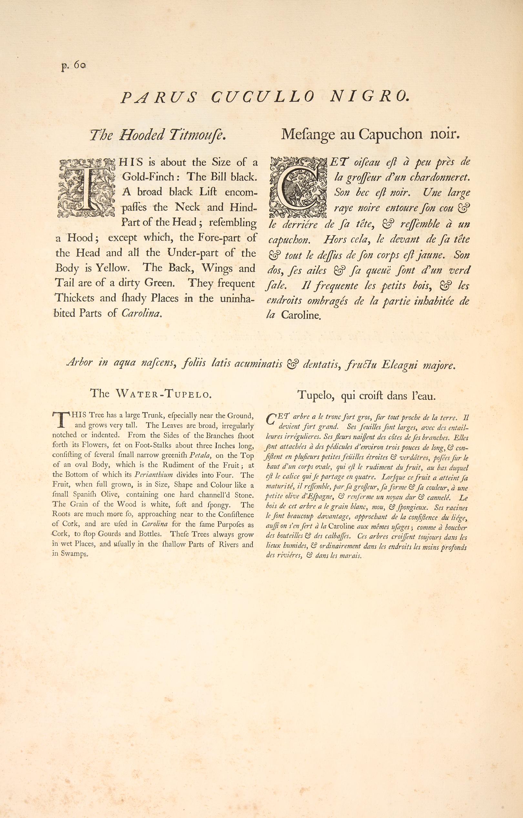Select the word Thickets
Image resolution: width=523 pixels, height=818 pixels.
click(77, 298)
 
